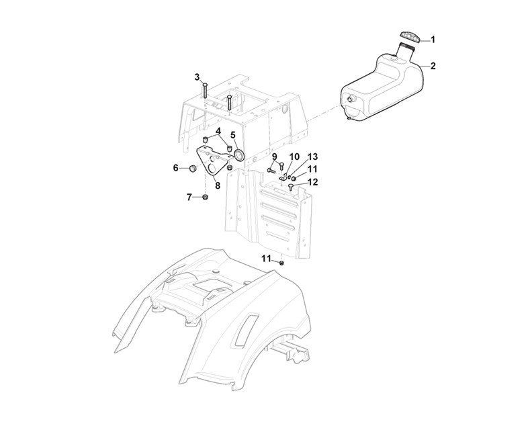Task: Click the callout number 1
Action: click(x=433, y=40)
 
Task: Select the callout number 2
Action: click(x=433, y=66)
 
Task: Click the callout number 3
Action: click(x=197, y=77)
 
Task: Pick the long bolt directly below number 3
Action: click(x=204, y=97)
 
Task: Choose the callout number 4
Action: click(x=218, y=130)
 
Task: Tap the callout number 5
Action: click(x=233, y=134)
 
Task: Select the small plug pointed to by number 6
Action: click(x=191, y=167)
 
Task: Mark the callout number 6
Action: click(x=176, y=167)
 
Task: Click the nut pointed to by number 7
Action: click(x=205, y=197)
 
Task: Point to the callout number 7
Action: click(x=189, y=197)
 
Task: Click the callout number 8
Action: click(x=218, y=185)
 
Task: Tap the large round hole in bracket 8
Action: click(x=216, y=161)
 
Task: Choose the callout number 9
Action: click(x=275, y=157)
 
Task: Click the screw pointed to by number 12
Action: click(x=290, y=189)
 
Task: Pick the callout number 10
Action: click(x=294, y=157)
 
